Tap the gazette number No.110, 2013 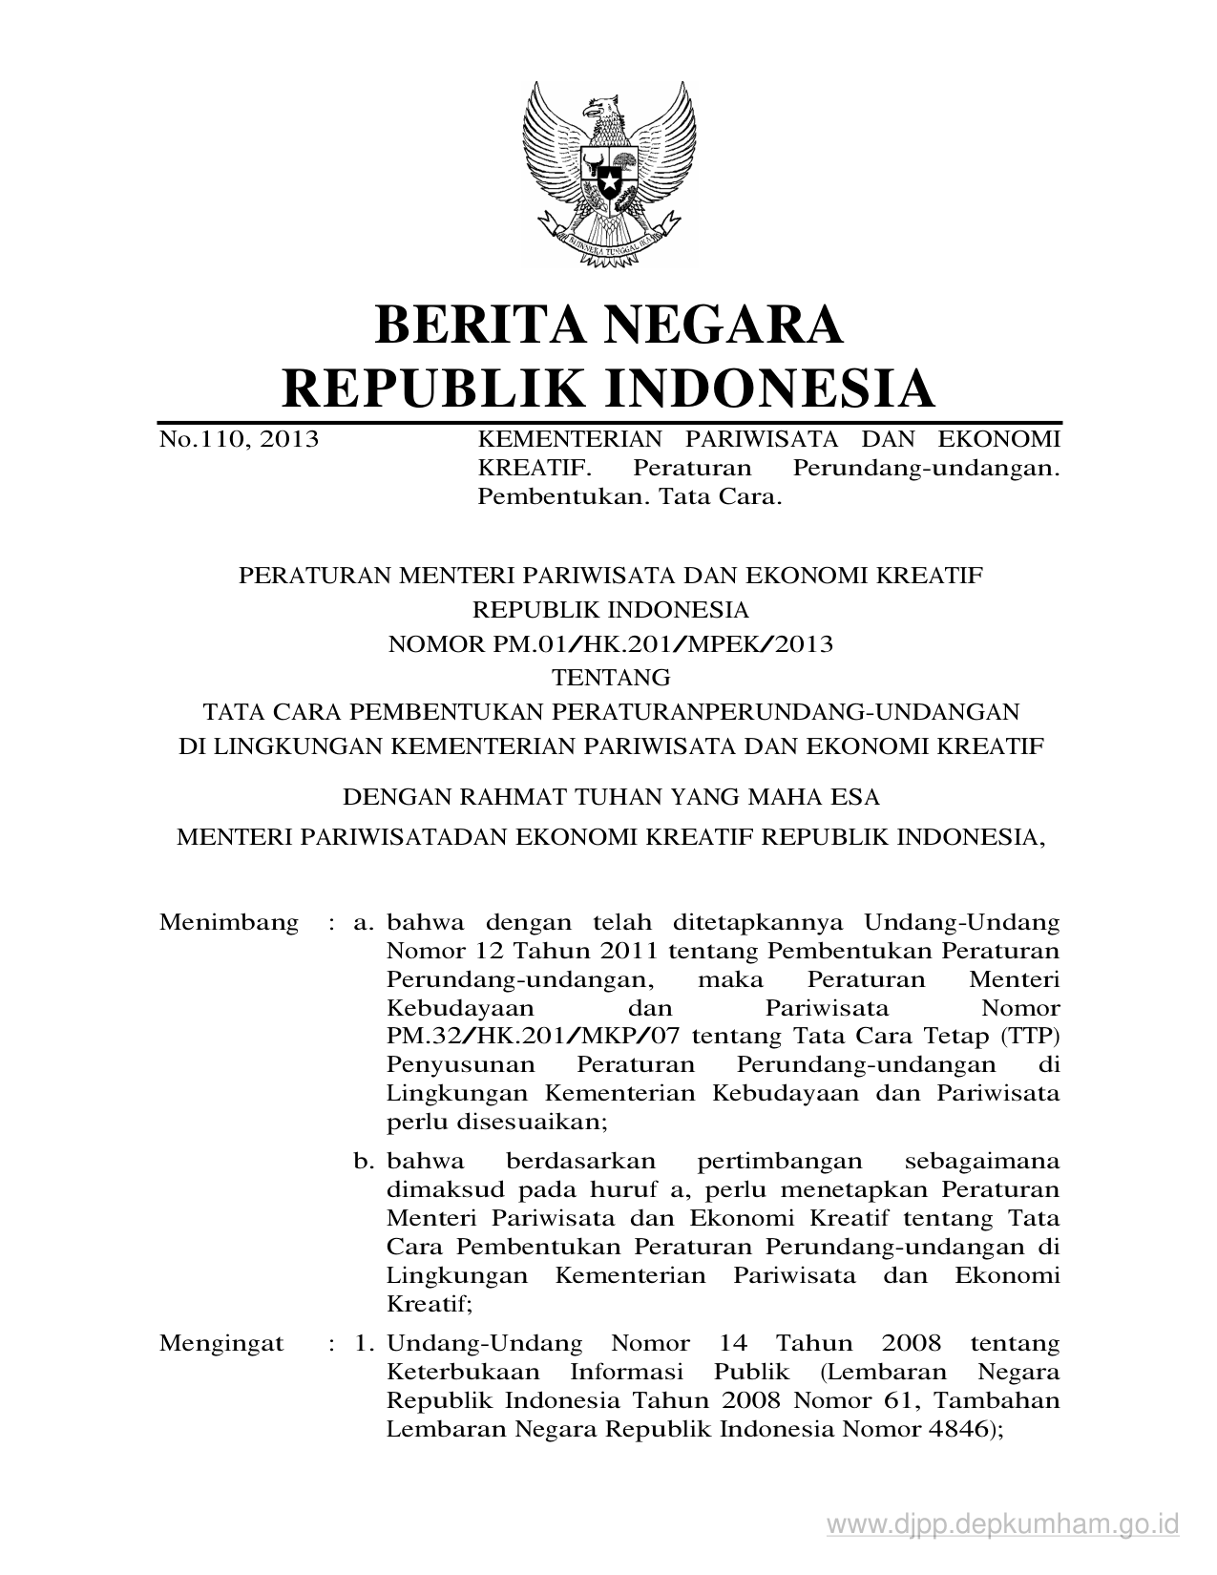[x=239, y=439]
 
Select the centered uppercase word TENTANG [x=612, y=678]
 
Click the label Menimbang [x=229, y=923]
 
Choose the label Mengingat [x=221, y=1343]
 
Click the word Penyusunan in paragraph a [x=447, y=1064]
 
